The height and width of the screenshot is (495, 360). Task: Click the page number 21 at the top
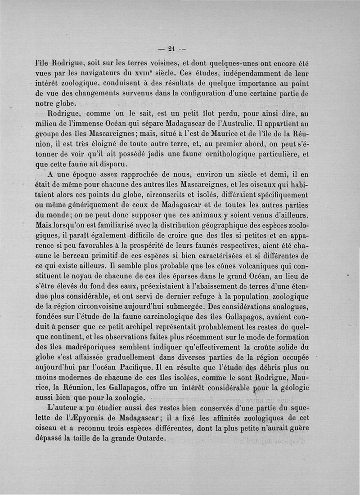[171, 49]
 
